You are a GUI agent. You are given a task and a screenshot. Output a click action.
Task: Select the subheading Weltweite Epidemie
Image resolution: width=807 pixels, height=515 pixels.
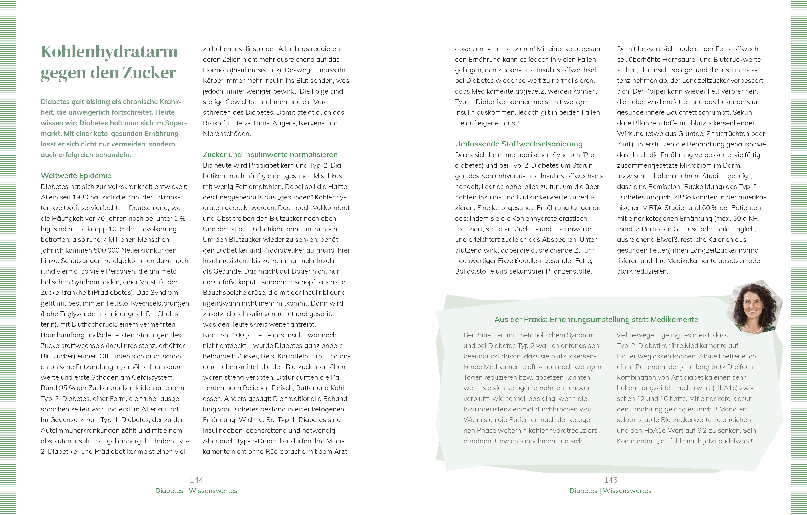76,176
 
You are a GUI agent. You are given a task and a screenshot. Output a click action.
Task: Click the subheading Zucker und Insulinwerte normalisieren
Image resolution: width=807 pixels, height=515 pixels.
270,154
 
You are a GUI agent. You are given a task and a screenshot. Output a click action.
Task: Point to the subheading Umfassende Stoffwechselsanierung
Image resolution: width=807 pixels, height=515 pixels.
519,144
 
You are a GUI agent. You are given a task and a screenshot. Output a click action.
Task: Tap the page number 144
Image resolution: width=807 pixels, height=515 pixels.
196,480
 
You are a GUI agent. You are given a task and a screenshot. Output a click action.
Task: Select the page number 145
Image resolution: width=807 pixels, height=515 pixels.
611,480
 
